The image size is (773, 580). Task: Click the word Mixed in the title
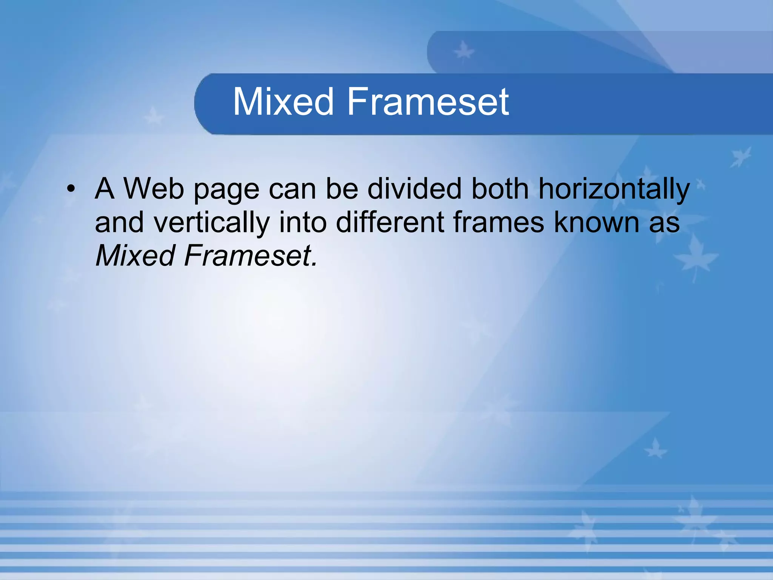click(x=283, y=102)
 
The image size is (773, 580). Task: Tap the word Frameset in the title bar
click(x=428, y=102)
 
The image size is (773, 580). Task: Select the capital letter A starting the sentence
click(x=105, y=188)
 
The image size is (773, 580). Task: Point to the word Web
click(x=154, y=188)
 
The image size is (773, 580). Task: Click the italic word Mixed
click(x=135, y=256)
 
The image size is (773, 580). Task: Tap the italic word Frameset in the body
click(x=250, y=256)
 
